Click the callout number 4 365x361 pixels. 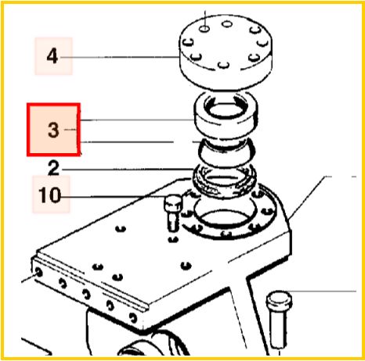[52, 56]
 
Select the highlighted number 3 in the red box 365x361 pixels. [53, 130]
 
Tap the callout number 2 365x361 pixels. [53, 168]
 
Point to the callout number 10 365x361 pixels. [49, 195]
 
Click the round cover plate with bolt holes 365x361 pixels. [226, 52]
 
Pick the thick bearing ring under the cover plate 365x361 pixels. [226, 116]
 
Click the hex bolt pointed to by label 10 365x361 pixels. [173, 213]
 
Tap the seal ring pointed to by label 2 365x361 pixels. [225, 182]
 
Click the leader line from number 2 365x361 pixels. [128, 170]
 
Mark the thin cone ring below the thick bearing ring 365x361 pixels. [226, 153]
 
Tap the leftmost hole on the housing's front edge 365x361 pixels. [39, 273]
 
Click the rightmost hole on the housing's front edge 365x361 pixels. [133, 318]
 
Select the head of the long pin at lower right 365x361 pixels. [279, 298]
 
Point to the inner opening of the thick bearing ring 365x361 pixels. [226, 109]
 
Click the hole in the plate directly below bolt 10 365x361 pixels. [173, 239]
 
